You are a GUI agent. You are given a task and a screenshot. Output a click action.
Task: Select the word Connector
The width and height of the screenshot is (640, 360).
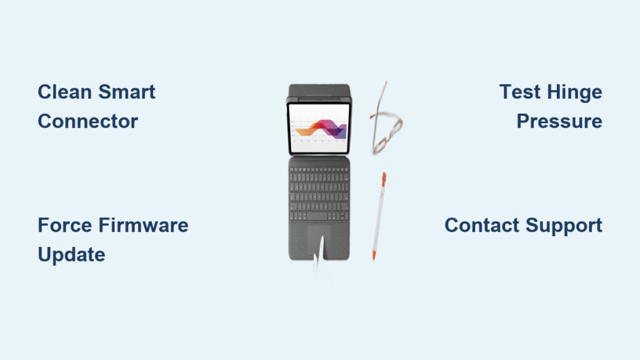click(87, 121)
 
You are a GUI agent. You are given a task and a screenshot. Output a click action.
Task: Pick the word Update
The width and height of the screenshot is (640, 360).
click(71, 254)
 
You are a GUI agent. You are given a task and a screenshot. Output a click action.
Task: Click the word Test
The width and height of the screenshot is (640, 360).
click(519, 92)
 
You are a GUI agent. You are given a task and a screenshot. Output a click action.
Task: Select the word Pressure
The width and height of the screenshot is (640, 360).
click(559, 121)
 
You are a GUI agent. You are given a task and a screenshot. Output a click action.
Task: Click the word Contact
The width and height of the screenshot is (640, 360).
click(482, 225)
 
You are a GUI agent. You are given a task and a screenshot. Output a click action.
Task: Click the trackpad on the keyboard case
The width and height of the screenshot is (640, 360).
click(319, 241)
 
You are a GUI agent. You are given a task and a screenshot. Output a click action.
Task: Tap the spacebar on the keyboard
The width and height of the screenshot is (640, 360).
click(319, 216)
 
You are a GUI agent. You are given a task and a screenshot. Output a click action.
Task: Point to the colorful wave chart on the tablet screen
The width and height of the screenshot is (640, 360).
click(319, 129)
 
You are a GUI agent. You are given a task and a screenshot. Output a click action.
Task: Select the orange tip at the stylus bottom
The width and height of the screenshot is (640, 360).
click(374, 256)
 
